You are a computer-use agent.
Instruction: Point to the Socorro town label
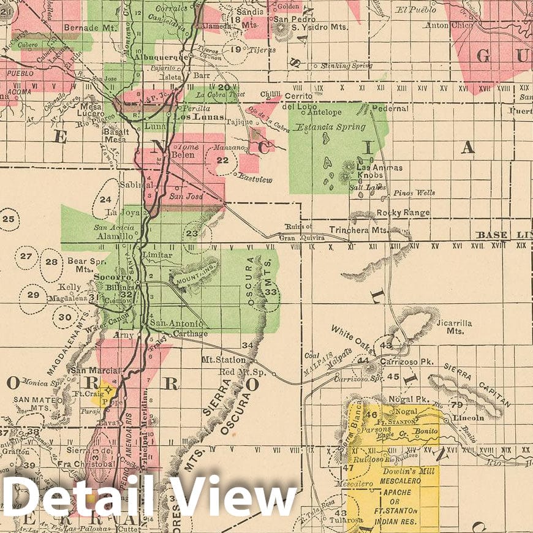pyautogui.click(x=105, y=277)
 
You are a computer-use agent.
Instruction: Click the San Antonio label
pyautogui.click(x=176, y=323)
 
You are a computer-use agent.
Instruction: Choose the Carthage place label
pyautogui.click(x=191, y=334)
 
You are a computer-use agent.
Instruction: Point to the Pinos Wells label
pyautogui.click(x=414, y=193)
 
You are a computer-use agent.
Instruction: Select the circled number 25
pyautogui.click(x=8, y=219)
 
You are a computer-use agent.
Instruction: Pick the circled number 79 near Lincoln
pyautogui.click(x=456, y=404)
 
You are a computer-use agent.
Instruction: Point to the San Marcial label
pyautogui.click(x=92, y=370)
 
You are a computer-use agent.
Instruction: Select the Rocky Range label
pyautogui.click(x=403, y=213)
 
